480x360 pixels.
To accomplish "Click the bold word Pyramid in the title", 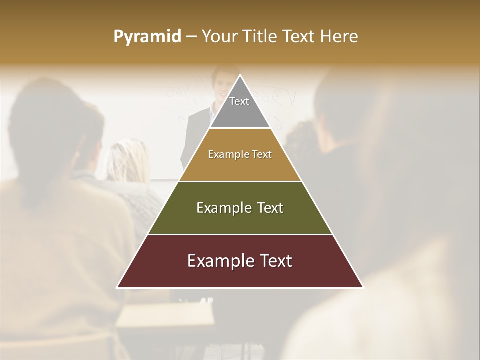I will (147, 37).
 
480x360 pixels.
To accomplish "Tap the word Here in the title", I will (339, 37).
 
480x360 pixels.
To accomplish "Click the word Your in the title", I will (219, 37).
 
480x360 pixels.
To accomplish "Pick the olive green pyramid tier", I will (240, 220).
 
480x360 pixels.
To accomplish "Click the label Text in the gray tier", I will (239, 101).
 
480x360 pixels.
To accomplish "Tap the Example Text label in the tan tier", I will (240, 154).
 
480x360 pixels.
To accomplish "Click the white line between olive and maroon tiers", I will (240, 234).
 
